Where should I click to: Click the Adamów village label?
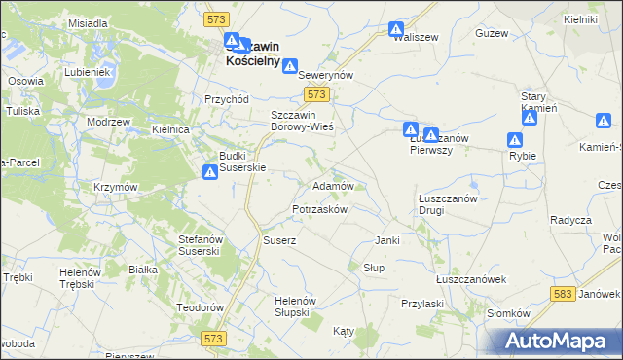coord(338,185)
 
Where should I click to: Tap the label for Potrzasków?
coord(320,210)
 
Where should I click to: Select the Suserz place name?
coord(279,239)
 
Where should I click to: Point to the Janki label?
coord(387,240)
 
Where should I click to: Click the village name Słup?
coord(374,268)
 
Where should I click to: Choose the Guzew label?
coord(492,33)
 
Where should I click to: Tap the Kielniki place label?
coord(579,19)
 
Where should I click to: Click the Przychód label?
coord(227,99)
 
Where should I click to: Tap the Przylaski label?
coord(422,304)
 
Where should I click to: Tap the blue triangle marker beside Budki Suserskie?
coord(210,172)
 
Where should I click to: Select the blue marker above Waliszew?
coord(396,29)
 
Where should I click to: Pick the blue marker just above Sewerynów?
coord(289,64)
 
